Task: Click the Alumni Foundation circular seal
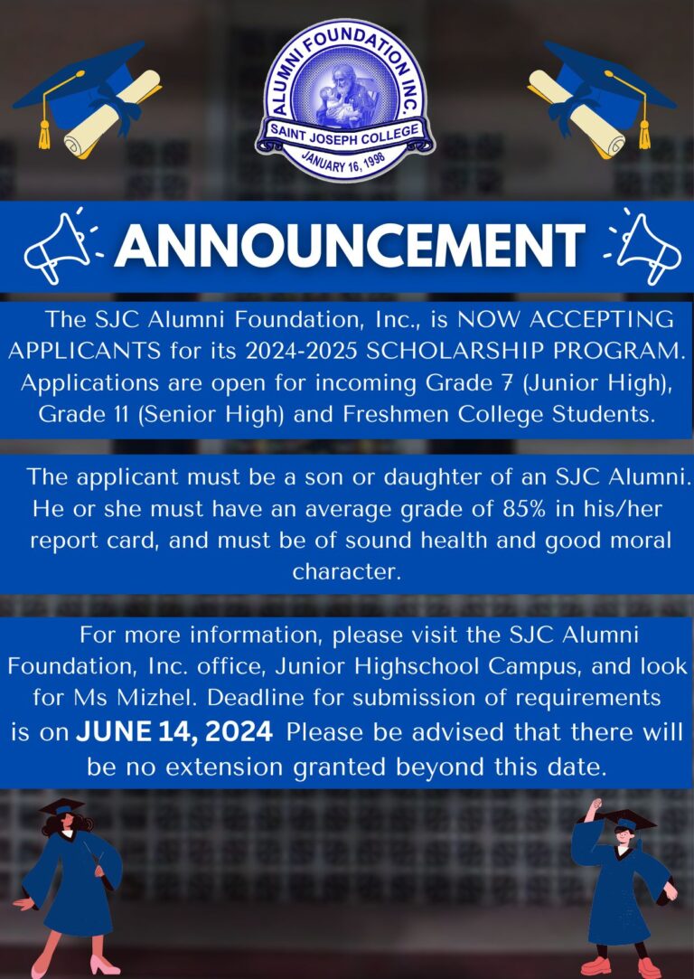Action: (x=346, y=100)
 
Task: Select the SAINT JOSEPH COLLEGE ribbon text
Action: (x=344, y=134)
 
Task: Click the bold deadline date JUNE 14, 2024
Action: (x=174, y=731)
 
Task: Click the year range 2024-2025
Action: (x=302, y=351)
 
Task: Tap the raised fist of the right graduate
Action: (x=597, y=805)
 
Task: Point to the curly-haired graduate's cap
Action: (x=61, y=806)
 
